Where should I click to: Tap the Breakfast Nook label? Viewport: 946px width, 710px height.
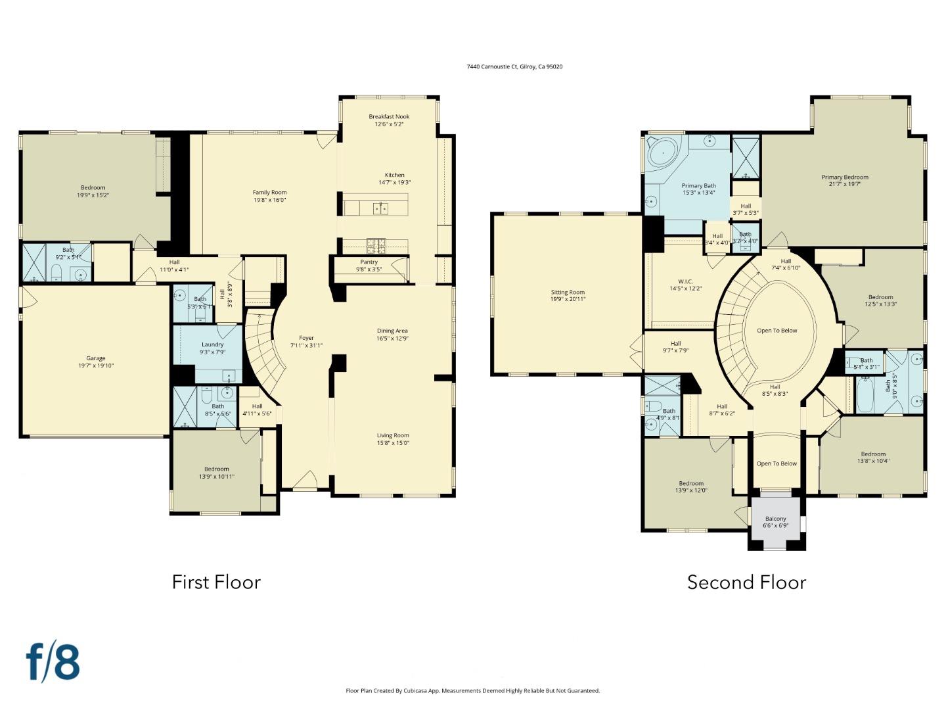(x=389, y=117)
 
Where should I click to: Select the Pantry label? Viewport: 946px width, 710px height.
(x=369, y=262)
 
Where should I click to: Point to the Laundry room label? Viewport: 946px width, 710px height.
(x=212, y=344)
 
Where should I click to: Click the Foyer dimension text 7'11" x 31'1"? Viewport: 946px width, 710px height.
(x=306, y=346)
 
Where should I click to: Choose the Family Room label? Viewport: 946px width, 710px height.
(x=269, y=193)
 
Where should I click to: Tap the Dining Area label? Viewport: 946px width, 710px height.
(x=392, y=331)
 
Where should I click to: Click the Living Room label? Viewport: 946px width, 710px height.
(x=393, y=435)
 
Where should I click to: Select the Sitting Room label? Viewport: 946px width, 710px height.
(x=568, y=293)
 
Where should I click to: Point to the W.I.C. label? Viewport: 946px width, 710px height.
(x=686, y=281)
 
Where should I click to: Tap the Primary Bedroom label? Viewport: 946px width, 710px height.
(x=845, y=177)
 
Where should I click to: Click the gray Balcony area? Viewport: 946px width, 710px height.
(x=775, y=519)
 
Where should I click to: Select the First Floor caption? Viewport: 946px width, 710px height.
(x=216, y=582)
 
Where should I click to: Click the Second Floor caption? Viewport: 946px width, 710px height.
(x=746, y=582)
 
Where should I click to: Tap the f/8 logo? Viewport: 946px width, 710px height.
(x=53, y=662)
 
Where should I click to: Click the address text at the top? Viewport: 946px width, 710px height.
(x=514, y=66)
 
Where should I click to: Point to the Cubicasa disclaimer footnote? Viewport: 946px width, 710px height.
(x=472, y=691)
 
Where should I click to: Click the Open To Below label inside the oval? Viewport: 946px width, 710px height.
(x=777, y=331)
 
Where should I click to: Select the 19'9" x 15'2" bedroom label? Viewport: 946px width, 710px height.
(x=93, y=188)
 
